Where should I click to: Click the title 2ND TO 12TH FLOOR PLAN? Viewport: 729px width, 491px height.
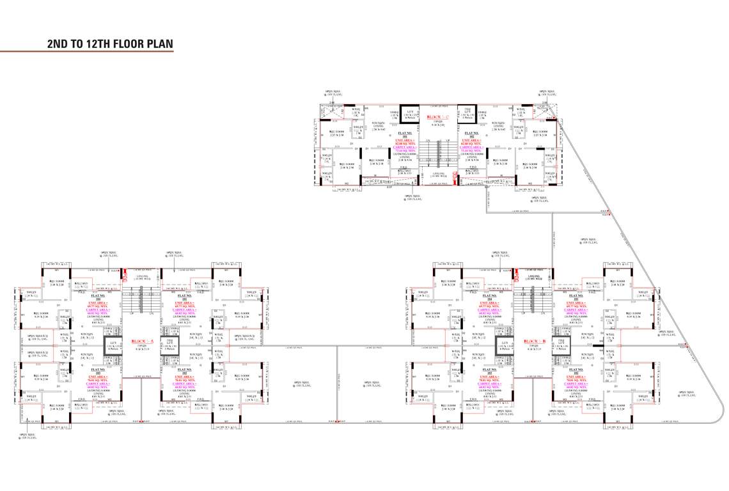coord(110,44)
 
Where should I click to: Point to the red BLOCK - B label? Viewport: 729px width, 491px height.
coord(532,341)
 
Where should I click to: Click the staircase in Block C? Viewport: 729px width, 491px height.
coord(439,153)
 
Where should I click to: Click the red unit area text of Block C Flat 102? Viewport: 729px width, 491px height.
coord(472,141)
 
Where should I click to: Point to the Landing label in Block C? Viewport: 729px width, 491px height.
coord(439,175)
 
